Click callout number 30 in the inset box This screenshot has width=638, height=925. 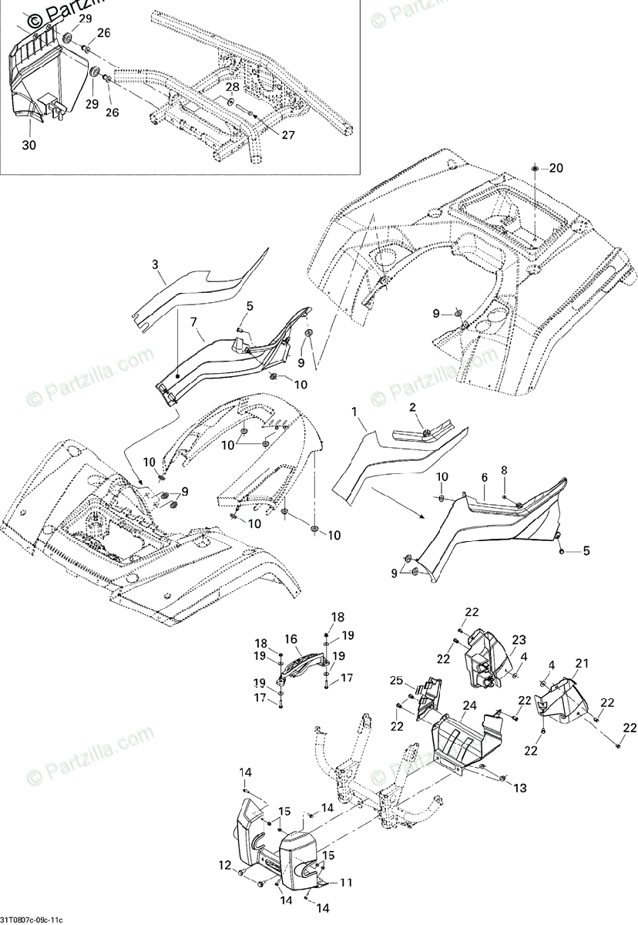29,145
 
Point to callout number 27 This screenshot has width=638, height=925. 266,136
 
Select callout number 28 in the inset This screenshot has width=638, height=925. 232,88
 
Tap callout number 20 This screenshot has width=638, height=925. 556,168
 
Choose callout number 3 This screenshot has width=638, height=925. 156,264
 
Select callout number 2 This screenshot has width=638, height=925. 412,406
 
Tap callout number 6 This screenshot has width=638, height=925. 485,478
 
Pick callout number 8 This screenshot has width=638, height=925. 505,469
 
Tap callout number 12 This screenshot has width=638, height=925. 225,866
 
